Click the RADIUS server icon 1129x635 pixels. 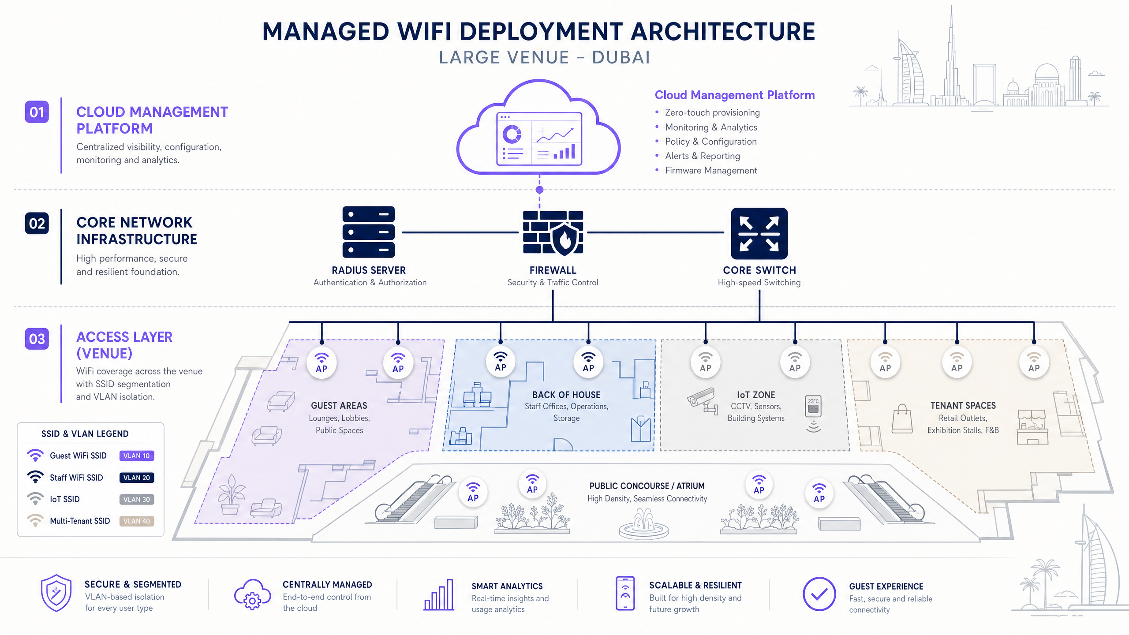click(368, 232)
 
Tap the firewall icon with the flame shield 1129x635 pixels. click(553, 233)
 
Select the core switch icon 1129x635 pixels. click(759, 233)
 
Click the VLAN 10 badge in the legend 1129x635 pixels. click(137, 456)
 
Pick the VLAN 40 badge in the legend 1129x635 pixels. click(137, 521)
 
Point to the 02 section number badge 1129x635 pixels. click(37, 223)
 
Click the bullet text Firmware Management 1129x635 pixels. click(711, 170)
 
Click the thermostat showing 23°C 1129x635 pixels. click(813, 406)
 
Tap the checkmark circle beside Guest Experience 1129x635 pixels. click(819, 594)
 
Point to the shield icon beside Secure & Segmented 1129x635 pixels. click(56, 593)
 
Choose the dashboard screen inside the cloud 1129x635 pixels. click(539, 138)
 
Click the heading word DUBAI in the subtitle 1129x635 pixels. click(621, 57)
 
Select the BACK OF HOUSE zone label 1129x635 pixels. click(566, 395)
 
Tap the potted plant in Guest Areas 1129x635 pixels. click(231, 495)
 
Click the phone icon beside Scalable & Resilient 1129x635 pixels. click(625, 593)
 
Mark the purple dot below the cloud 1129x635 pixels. click(539, 190)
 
